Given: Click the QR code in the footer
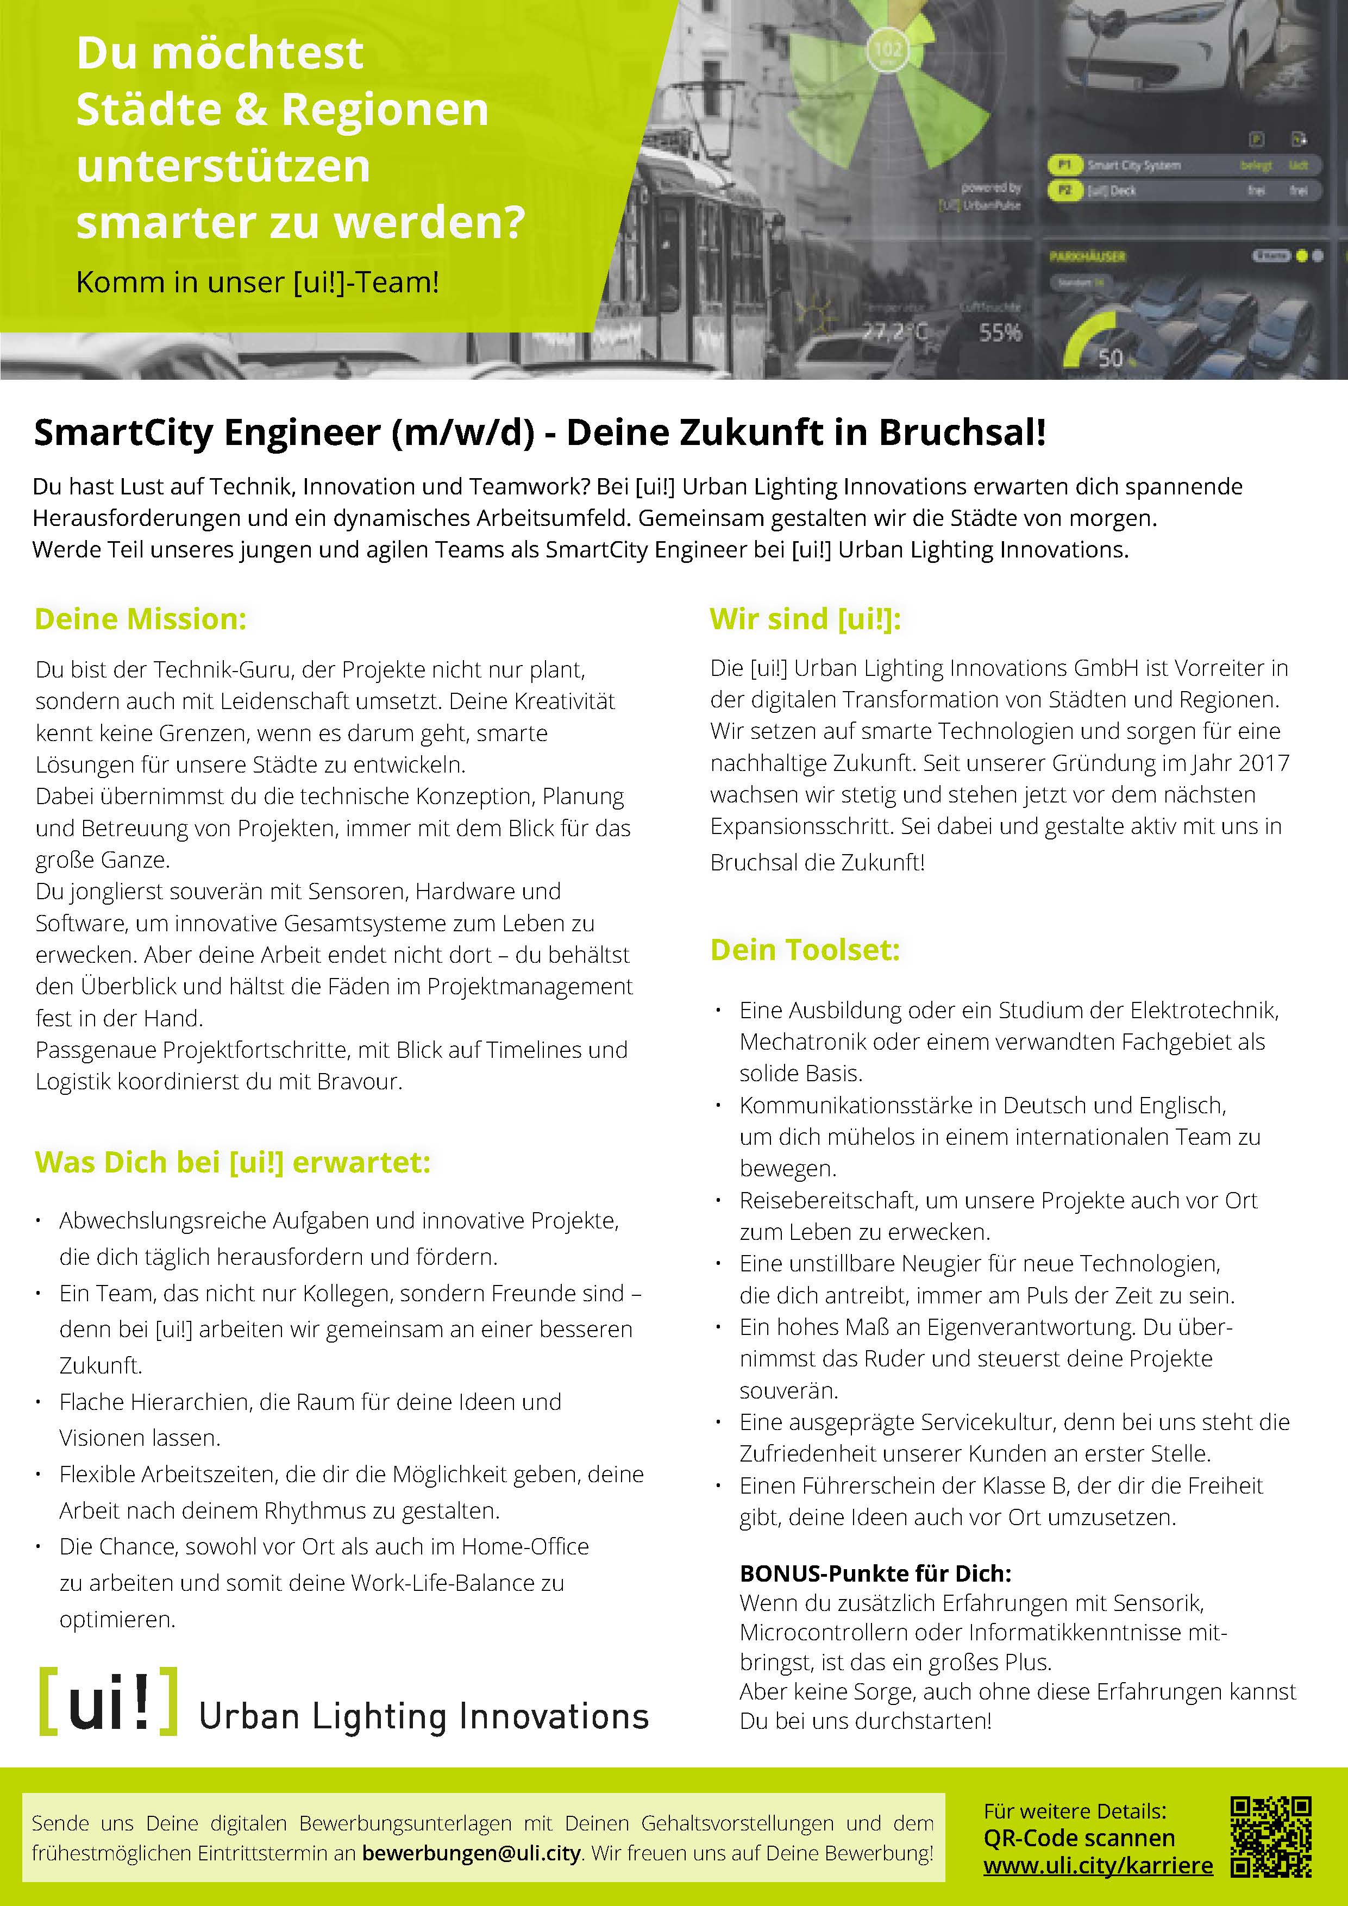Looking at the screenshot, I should point(1271,1836).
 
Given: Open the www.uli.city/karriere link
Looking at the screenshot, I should point(1098,1865).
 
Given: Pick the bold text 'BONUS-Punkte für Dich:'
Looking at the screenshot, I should point(875,1572).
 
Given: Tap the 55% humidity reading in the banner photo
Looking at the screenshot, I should point(999,333).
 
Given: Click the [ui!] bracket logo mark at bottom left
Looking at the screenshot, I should point(109,1701).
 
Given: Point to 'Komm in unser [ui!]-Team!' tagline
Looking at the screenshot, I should point(258,282).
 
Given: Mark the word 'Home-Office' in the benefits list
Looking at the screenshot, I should point(525,1546).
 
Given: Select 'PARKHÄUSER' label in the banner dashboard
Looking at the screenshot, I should point(1087,256).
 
